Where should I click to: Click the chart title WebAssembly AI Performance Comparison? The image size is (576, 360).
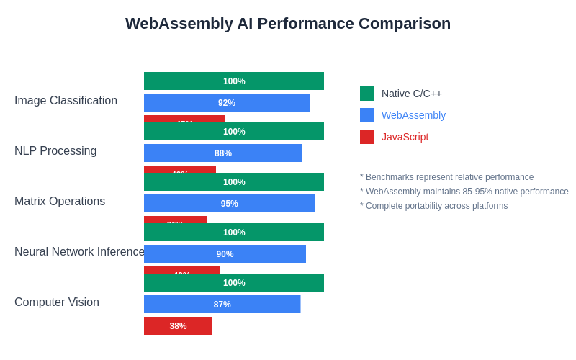click(x=288, y=24)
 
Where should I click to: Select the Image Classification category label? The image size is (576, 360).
click(x=66, y=101)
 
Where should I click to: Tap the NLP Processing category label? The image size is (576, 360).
click(x=55, y=151)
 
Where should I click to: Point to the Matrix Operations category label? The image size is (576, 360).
click(x=60, y=202)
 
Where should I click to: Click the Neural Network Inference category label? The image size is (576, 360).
click(x=79, y=252)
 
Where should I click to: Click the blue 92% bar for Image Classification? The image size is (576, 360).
click(x=227, y=103)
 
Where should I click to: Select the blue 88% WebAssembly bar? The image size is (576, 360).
click(x=223, y=153)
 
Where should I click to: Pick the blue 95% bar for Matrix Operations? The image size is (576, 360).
click(x=229, y=204)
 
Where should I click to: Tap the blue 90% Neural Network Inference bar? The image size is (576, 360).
click(x=225, y=254)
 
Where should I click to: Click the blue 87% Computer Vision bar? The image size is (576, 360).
click(x=222, y=305)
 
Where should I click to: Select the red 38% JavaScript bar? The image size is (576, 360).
click(x=178, y=326)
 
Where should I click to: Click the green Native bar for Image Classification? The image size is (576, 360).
click(x=234, y=81)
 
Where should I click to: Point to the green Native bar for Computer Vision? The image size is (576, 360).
click(x=234, y=283)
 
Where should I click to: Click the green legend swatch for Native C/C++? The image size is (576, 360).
click(x=367, y=94)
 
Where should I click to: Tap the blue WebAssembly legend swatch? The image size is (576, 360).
click(x=367, y=115)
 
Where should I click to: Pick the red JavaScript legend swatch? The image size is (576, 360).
click(x=367, y=137)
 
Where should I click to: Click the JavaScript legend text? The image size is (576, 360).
click(x=405, y=137)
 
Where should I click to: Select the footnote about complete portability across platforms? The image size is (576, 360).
click(x=433, y=206)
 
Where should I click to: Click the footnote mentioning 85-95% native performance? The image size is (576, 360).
click(x=464, y=192)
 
